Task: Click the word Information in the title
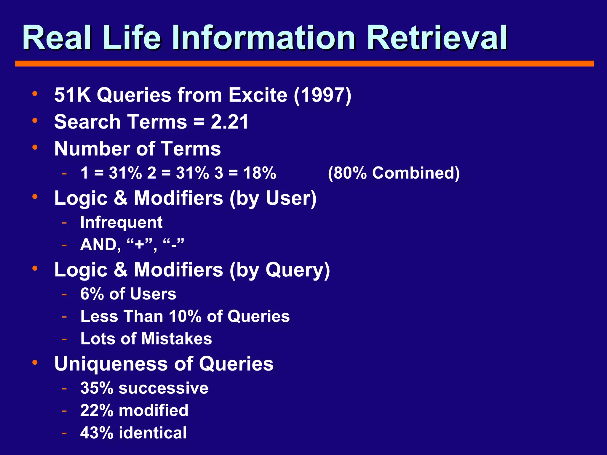263,38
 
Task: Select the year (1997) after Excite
322,95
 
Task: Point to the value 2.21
229,122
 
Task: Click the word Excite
258,95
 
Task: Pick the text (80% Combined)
394,173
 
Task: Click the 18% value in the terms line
260,173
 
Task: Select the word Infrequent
121,222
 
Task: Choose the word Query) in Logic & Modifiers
298,270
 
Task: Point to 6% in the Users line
92,294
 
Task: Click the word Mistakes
177,339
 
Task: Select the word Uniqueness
111,364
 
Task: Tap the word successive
163,388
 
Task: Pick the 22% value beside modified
97,411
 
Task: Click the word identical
153,433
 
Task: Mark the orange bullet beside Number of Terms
35,147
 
